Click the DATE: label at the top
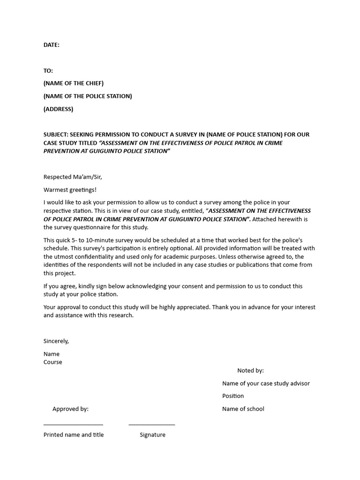[52, 45]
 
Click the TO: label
[48, 71]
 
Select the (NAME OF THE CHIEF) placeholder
[74, 83]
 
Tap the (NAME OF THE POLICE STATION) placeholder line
[88, 96]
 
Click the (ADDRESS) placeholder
[59, 109]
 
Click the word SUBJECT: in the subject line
[56, 135]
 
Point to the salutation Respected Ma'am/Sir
[73, 177]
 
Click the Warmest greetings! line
[70, 190]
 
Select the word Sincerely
[56, 341]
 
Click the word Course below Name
[53, 362]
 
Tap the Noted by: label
[250, 371]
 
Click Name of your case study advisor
[266, 383]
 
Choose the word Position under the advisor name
[233, 396]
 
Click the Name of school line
[243, 409]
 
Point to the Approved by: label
[70, 409]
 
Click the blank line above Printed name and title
[73, 425]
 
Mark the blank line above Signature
[152, 425]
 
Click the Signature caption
[152, 435]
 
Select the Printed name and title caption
[74, 435]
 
